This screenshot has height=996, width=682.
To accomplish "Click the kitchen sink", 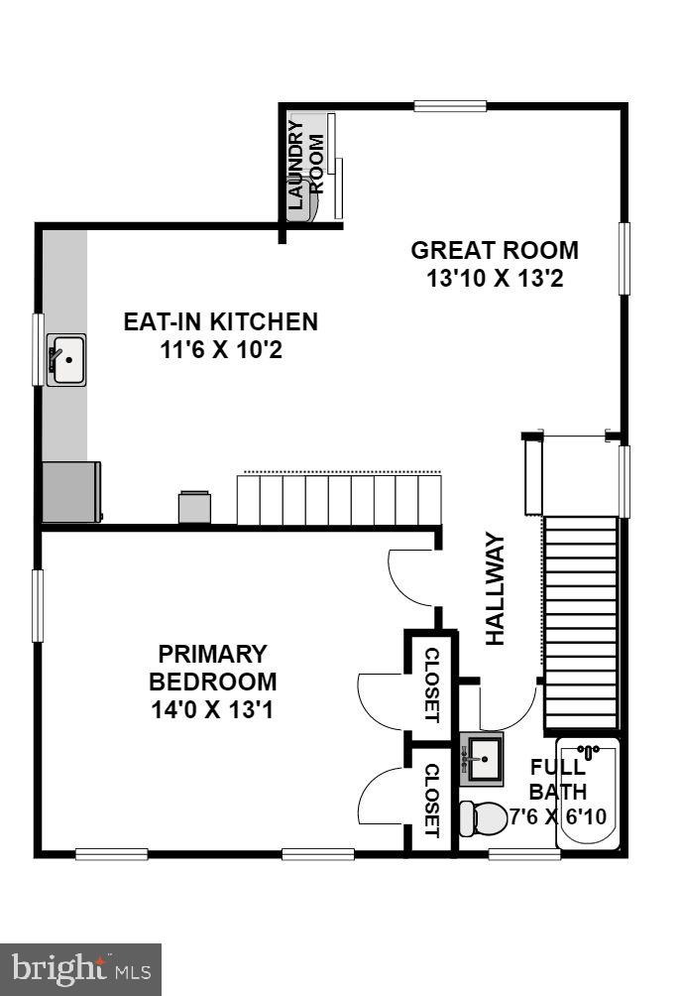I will [x=67, y=359].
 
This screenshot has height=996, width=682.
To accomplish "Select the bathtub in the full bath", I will [x=588, y=793].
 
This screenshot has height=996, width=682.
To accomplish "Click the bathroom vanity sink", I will [x=484, y=759].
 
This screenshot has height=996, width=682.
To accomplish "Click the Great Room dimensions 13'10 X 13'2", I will [x=495, y=279].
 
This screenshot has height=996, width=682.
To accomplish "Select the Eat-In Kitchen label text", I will [x=220, y=321].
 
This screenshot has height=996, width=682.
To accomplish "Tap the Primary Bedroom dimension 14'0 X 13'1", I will [x=212, y=710].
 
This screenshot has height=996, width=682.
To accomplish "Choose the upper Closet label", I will [x=432, y=685].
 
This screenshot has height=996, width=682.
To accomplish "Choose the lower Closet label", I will [x=432, y=800].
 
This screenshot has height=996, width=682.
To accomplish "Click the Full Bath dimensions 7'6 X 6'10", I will [x=561, y=818].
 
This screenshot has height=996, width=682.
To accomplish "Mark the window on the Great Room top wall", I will [x=450, y=106].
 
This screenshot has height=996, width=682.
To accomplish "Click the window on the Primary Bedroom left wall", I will [x=39, y=604].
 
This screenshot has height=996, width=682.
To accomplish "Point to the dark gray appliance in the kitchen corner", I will [x=70, y=491].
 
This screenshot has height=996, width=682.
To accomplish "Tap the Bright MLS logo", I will [x=80, y=968].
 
